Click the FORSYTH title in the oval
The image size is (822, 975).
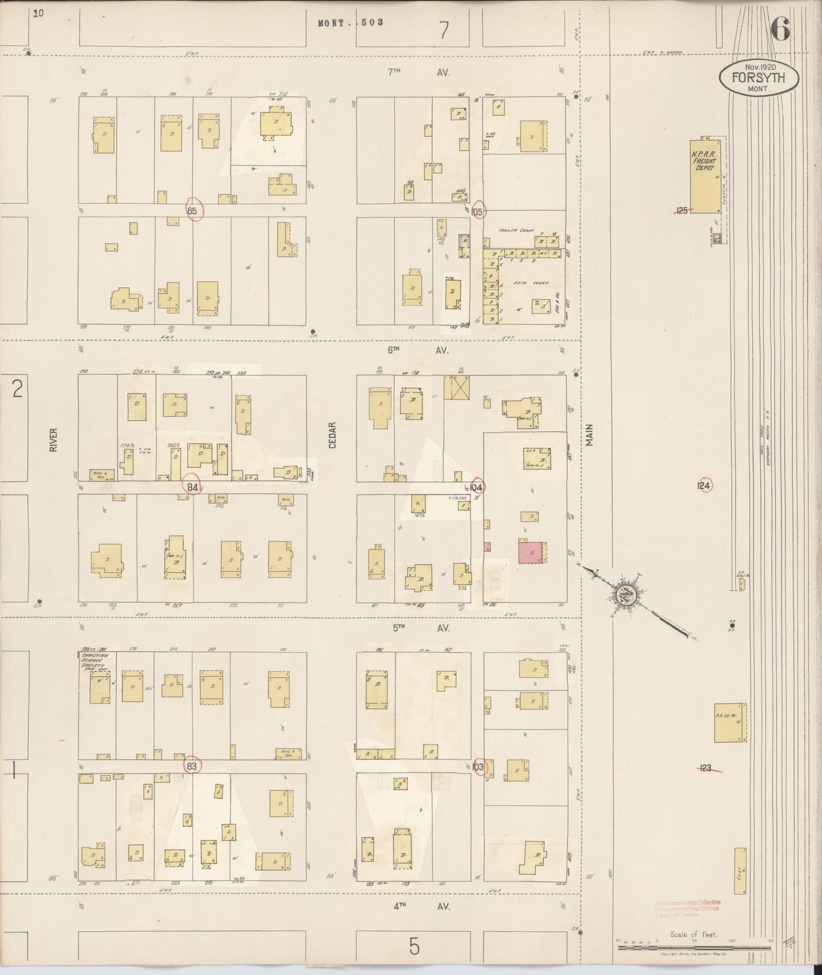(x=758, y=79)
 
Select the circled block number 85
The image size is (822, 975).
(x=193, y=211)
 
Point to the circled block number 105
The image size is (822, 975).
(x=477, y=212)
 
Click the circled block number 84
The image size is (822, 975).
(x=193, y=487)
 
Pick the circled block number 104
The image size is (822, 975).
(x=477, y=487)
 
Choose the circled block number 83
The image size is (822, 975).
(x=192, y=767)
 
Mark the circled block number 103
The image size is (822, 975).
(x=477, y=767)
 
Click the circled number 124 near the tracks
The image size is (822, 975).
(x=704, y=486)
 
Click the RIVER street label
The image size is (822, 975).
(x=53, y=440)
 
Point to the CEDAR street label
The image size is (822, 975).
(x=333, y=435)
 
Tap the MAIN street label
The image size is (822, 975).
(x=589, y=435)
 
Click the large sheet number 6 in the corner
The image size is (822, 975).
(x=781, y=30)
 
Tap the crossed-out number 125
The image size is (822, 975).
(x=682, y=210)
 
